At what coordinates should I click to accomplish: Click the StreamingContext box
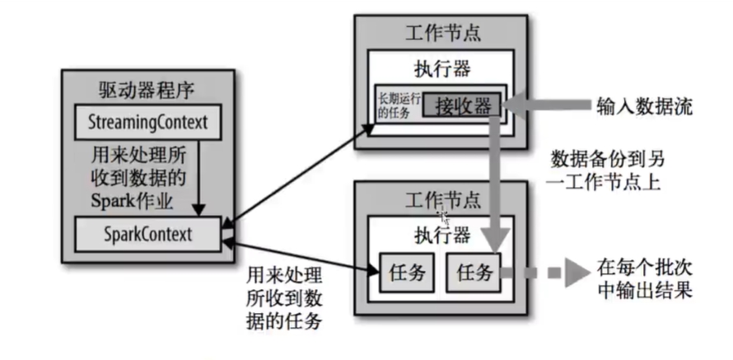(x=148, y=123)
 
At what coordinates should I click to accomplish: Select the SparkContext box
(x=148, y=234)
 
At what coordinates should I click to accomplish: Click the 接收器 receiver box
(x=462, y=105)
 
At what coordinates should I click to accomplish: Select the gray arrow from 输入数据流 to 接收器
(x=544, y=105)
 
